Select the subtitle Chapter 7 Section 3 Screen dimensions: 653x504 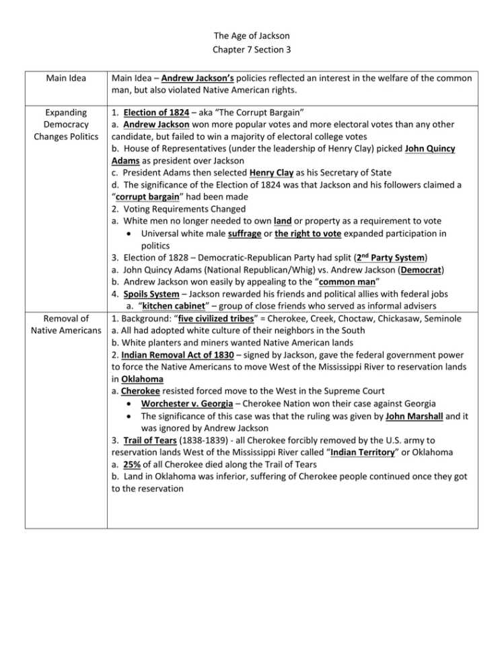tap(252, 49)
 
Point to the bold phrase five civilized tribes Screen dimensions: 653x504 tap(215, 318)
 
